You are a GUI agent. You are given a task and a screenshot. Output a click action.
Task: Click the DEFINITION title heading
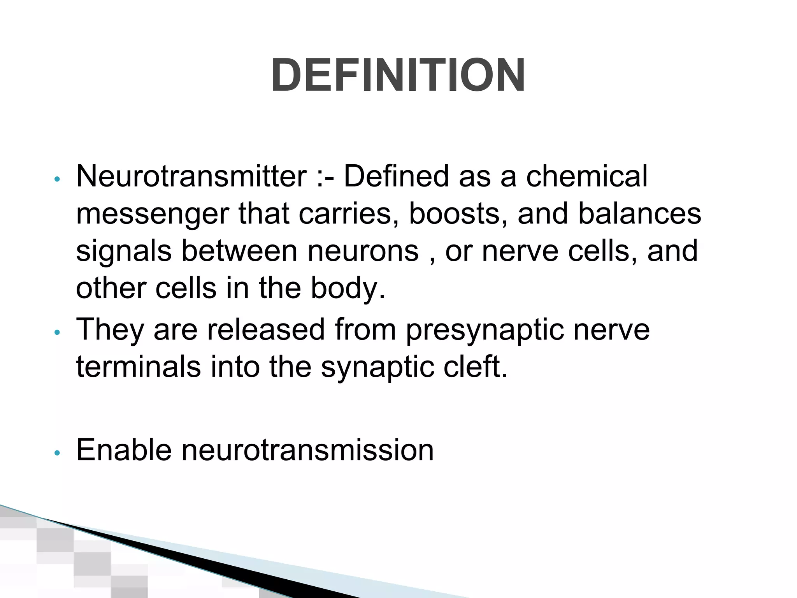[x=398, y=75]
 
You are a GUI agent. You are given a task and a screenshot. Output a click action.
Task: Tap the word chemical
[x=587, y=176]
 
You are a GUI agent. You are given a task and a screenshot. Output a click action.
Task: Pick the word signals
[x=124, y=252]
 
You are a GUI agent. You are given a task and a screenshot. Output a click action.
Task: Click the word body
[x=348, y=288]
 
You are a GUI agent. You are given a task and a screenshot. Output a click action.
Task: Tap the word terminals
[x=138, y=367]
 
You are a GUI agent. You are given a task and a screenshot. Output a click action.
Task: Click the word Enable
[x=124, y=450]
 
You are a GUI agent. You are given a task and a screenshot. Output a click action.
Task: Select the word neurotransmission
[x=307, y=450]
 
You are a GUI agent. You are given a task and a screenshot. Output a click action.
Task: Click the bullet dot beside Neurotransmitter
[x=57, y=179]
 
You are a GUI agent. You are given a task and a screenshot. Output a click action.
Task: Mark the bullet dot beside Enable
[x=57, y=453]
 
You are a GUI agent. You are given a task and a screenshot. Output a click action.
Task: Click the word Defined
[x=397, y=176]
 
